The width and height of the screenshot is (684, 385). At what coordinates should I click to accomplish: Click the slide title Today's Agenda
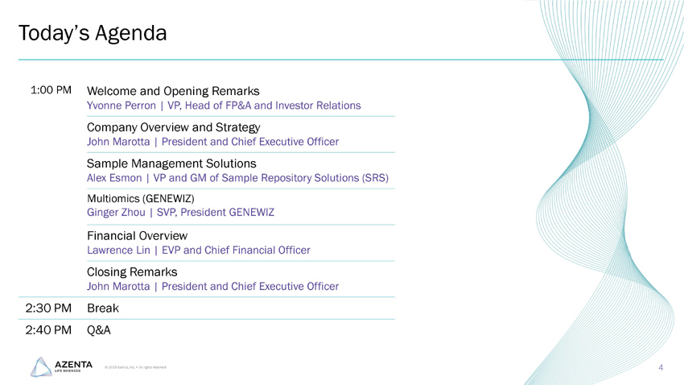coord(93,34)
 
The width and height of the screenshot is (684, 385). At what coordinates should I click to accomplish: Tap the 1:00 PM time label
coord(52,89)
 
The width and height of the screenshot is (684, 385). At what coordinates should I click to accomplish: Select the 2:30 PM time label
coord(50,308)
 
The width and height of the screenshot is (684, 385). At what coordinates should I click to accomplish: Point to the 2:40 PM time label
coord(50,329)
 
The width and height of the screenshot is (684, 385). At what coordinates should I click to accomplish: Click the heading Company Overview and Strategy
coord(173,127)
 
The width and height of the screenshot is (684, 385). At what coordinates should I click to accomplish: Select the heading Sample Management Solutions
coord(171,164)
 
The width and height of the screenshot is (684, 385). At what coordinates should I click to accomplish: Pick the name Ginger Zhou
coord(115,213)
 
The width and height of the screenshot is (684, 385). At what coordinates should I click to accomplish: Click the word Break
coord(102,308)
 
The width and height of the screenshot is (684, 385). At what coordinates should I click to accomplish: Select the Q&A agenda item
coord(98,329)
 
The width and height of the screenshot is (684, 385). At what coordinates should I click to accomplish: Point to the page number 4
coord(660,368)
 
